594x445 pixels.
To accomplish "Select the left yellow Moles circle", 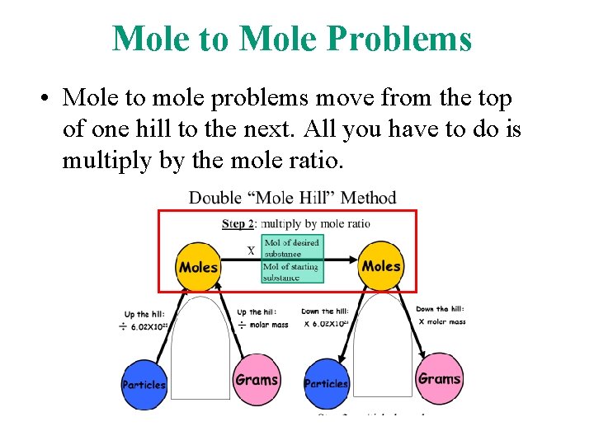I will [199, 266].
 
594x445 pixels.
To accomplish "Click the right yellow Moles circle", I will [381, 265].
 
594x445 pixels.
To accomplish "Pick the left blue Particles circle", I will [144, 384].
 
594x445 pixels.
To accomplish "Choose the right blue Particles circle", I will [327, 383].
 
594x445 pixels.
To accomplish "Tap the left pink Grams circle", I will [257, 380].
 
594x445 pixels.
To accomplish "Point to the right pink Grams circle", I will [439, 379].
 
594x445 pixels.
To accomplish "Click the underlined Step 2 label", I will [238, 223].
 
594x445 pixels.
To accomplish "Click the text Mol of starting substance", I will [291, 271].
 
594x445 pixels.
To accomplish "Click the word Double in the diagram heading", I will [214, 198].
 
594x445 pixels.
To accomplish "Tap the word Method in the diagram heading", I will [368, 198].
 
